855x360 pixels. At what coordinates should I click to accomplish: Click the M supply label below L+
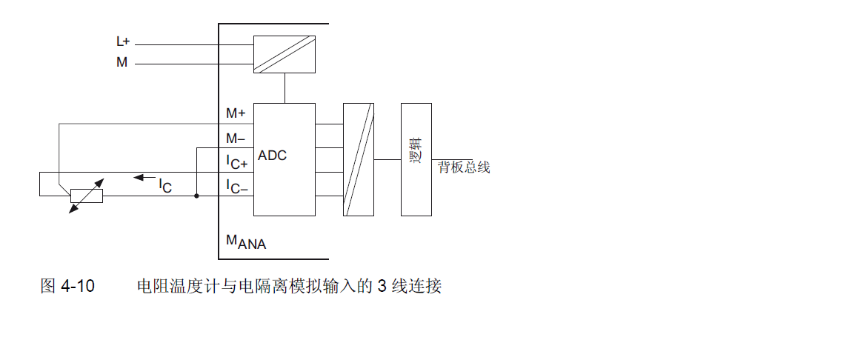[x=122, y=63]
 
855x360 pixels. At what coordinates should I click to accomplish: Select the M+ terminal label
[x=236, y=113]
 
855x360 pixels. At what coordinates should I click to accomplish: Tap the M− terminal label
[x=236, y=138]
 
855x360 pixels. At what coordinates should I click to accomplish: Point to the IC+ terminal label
[x=237, y=162]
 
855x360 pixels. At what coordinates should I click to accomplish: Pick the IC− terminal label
[x=237, y=186]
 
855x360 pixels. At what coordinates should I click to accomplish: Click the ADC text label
[x=272, y=156]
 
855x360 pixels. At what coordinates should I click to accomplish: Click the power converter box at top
[x=285, y=54]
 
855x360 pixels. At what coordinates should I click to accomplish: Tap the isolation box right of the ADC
[x=359, y=159]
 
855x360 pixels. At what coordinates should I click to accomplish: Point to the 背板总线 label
[x=464, y=167]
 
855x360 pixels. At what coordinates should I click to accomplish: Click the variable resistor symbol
[x=86, y=196]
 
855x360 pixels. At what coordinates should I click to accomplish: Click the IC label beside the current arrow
[x=164, y=186]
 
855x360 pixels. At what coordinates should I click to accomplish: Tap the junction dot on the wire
[x=196, y=196]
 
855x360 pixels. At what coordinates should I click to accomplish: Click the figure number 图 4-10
[x=67, y=286]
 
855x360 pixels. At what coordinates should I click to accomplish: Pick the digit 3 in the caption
[x=382, y=286]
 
